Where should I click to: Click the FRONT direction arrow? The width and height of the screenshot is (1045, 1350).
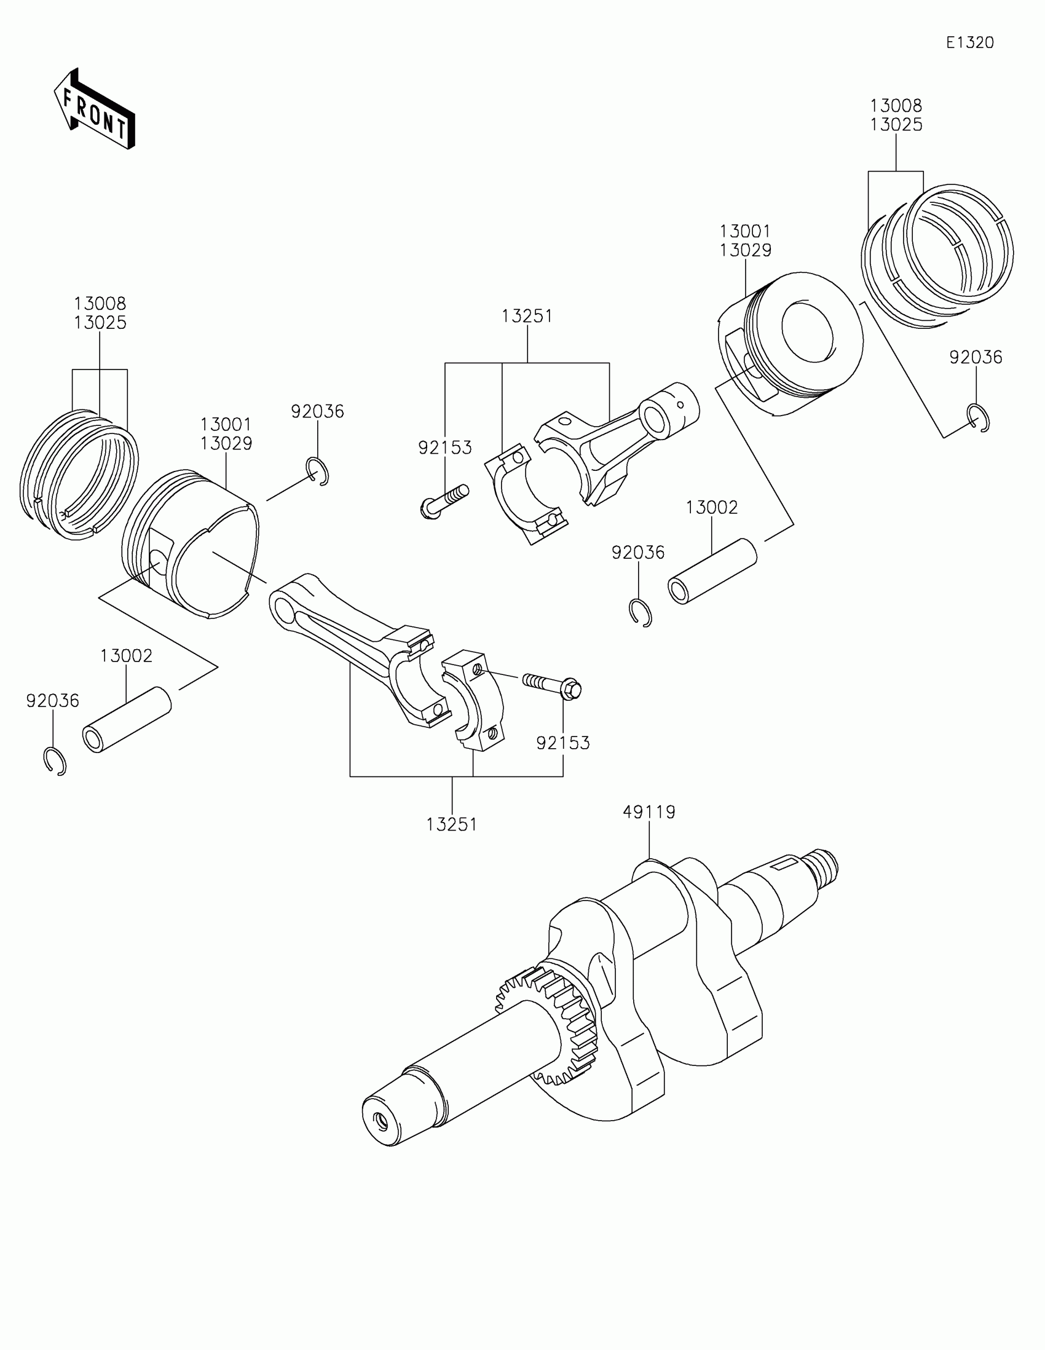click(x=94, y=110)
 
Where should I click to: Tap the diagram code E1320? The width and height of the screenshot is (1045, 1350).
click(x=969, y=42)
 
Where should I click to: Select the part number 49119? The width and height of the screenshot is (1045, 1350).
click(x=649, y=811)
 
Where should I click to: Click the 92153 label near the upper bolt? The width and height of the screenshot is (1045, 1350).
click(x=445, y=448)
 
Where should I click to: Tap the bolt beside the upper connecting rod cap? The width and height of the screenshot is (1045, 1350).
click(x=444, y=500)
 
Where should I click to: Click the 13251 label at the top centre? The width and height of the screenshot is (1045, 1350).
click(x=527, y=317)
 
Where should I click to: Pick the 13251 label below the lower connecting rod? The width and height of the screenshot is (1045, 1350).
click(x=452, y=824)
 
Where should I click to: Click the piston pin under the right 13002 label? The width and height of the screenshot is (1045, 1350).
click(x=712, y=572)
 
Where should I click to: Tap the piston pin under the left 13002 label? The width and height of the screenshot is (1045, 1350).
click(x=127, y=719)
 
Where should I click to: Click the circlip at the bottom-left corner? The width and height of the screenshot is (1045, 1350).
click(x=55, y=761)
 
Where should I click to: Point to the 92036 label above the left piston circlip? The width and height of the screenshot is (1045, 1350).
click(x=317, y=412)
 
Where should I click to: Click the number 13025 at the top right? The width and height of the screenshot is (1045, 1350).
click(x=896, y=125)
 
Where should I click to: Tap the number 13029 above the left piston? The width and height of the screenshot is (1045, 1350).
click(x=226, y=444)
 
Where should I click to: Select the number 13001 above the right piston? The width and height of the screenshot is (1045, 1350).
click(x=745, y=232)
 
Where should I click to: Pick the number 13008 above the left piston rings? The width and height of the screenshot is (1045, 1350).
click(x=100, y=304)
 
